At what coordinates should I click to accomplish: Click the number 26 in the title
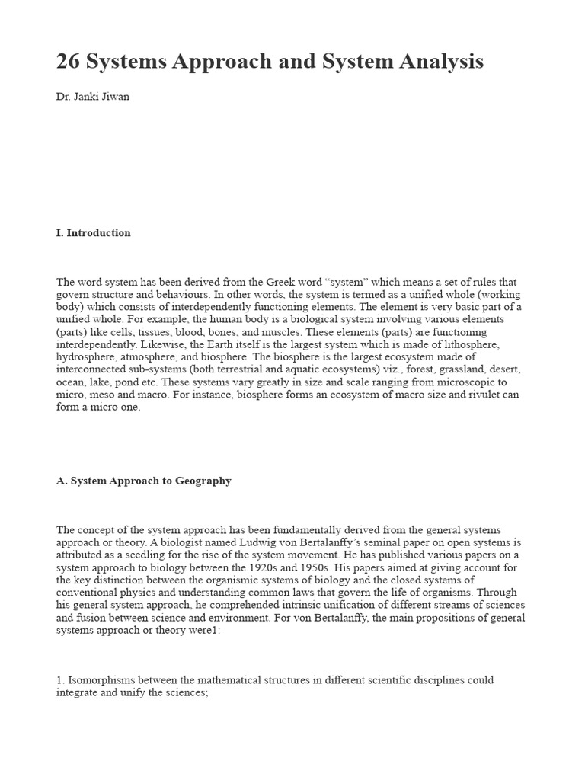coord(70,62)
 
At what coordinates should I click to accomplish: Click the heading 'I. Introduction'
coord(93,233)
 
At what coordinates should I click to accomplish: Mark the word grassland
coord(417,370)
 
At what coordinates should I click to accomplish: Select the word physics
coord(145,592)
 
